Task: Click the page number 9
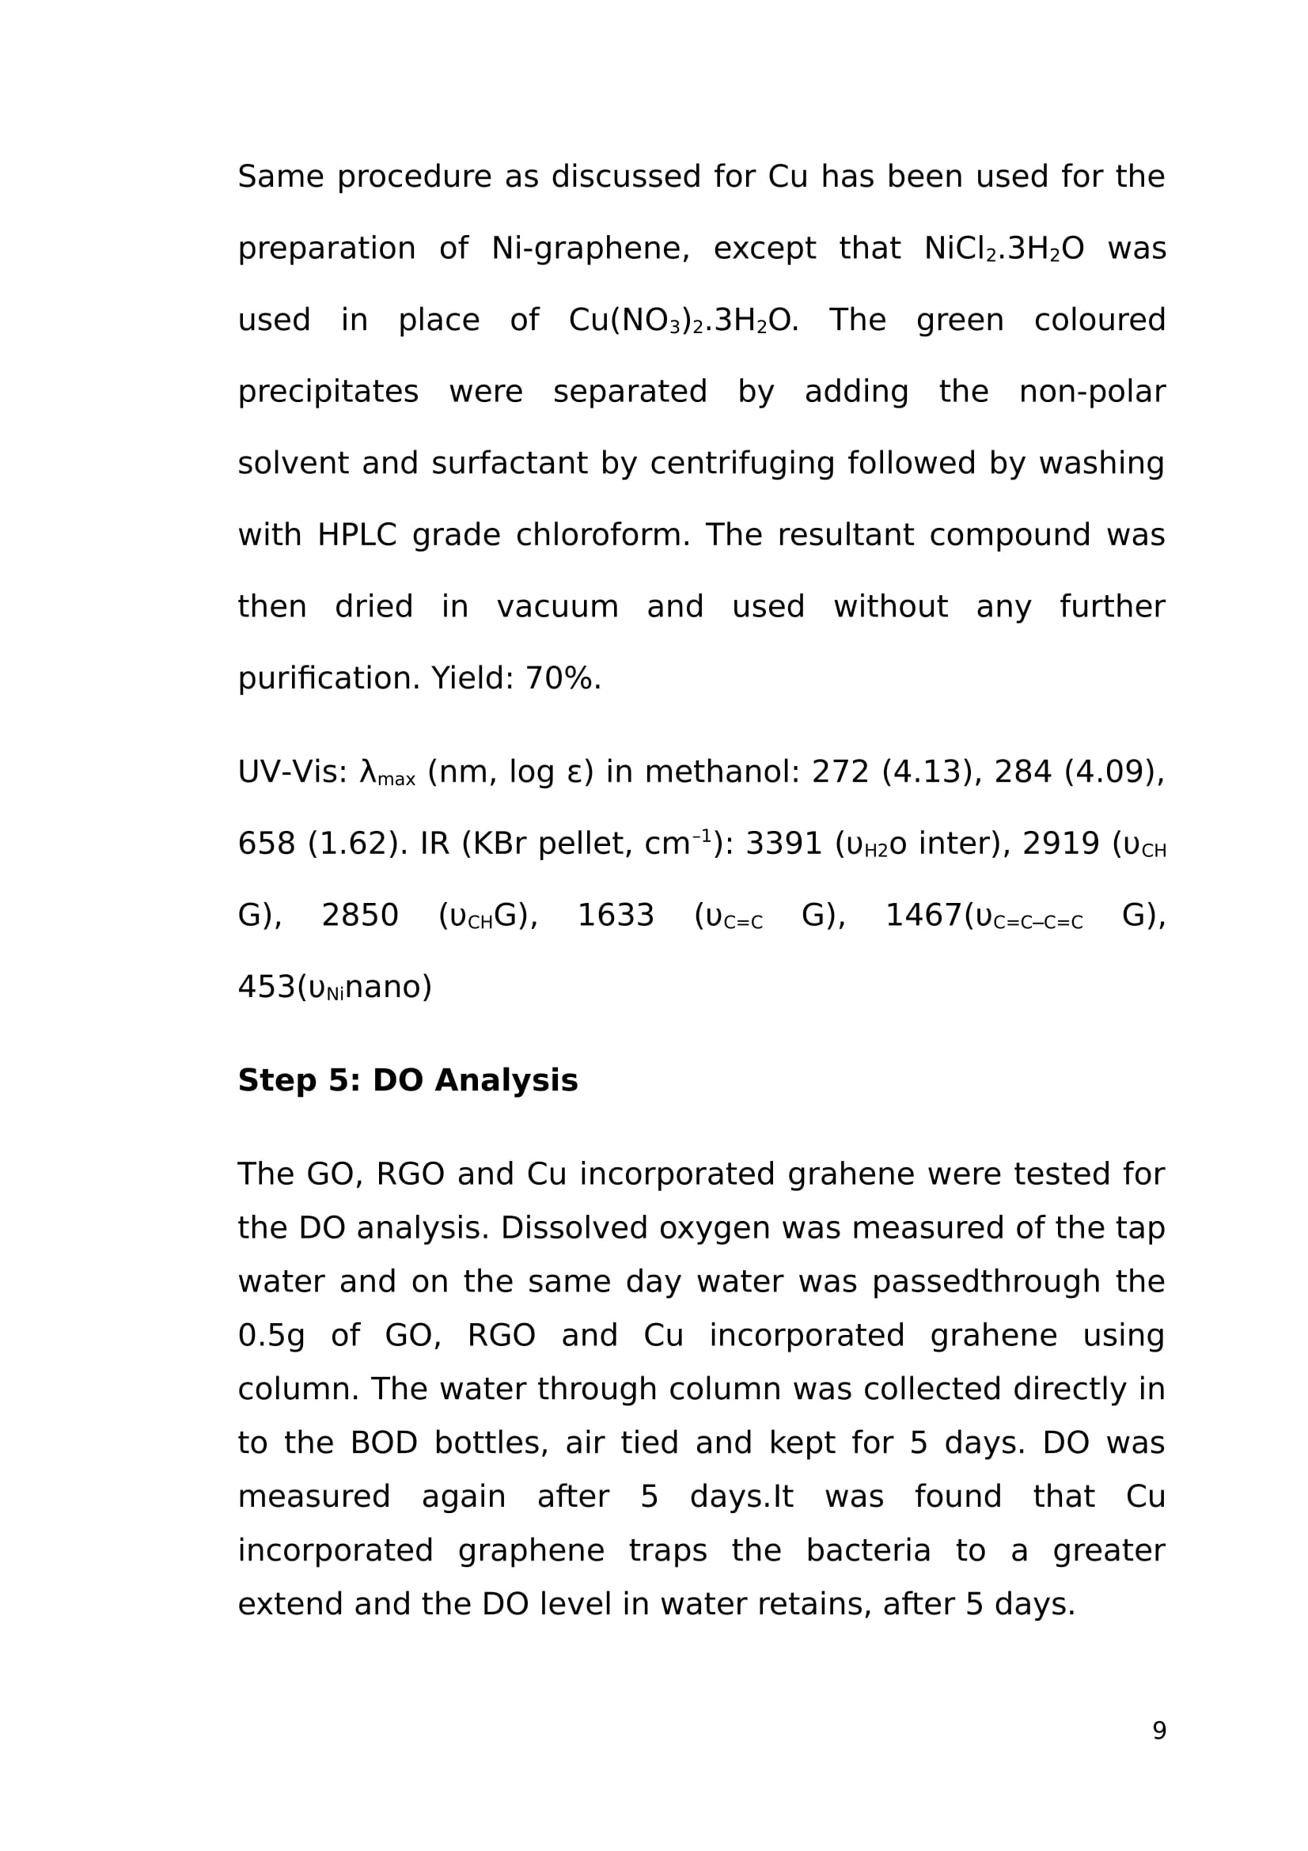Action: pos(1158,1730)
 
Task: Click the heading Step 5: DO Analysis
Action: pos(407,1080)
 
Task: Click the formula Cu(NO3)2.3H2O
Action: pos(683,320)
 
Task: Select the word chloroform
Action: pos(602,535)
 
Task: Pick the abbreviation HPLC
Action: pos(357,535)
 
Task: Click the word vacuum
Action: pos(557,607)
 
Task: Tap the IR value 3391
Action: pos(783,844)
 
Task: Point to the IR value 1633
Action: pos(616,916)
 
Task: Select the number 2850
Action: pos(359,916)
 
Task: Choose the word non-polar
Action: pos(1091,392)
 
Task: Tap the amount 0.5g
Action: pos(271,1336)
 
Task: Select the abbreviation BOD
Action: pos(384,1443)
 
